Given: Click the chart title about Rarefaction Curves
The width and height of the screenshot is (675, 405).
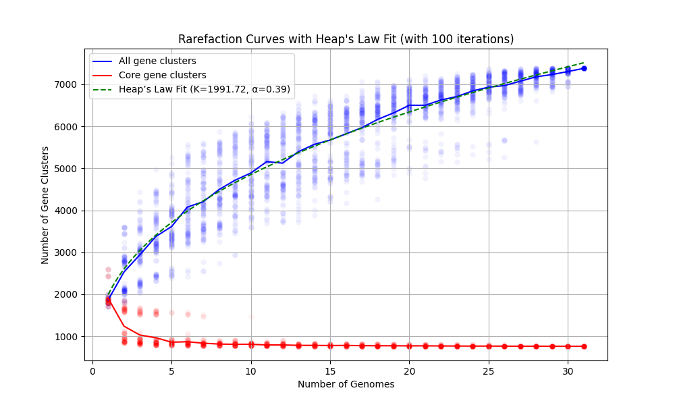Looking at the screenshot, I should tap(346, 39).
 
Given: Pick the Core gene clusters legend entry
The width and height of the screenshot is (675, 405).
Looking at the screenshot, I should tap(162, 75).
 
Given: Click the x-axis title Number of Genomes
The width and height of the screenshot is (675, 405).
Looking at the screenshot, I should tap(346, 385).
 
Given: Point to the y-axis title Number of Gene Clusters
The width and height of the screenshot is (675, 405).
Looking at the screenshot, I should tap(45, 205).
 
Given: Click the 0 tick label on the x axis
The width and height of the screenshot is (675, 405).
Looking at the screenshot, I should tap(92, 371).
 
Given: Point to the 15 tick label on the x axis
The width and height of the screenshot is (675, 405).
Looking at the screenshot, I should tap(330, 371).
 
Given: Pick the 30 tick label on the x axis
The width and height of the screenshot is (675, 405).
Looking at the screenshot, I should tap(568, 371).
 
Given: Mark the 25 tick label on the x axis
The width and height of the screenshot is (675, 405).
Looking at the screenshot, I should tap(489, 371).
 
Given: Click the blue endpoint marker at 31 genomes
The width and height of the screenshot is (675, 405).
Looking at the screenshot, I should tap(584, 68).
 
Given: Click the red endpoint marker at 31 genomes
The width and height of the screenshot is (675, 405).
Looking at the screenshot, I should tap(584, 346).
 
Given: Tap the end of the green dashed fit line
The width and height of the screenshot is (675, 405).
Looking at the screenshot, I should tap(584, 62).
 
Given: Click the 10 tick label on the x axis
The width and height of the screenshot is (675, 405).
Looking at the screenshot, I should tap(251, 371).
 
